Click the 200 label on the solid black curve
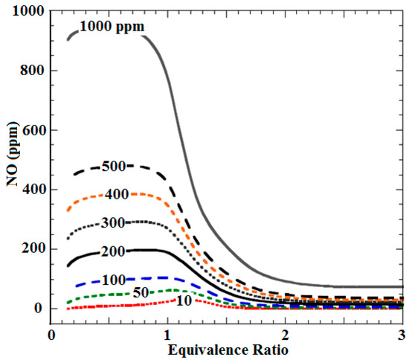click(112, 251)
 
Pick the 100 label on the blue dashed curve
click(112, 280)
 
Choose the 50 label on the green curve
click(141, 292)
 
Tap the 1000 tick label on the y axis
click(27, 11)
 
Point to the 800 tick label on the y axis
click(30, 71)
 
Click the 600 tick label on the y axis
click(30, 130)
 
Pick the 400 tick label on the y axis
click(30, 190)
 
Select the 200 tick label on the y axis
click(30, 249)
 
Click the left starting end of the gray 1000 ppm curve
click(67, 39)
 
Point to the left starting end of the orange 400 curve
click(67, 210)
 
